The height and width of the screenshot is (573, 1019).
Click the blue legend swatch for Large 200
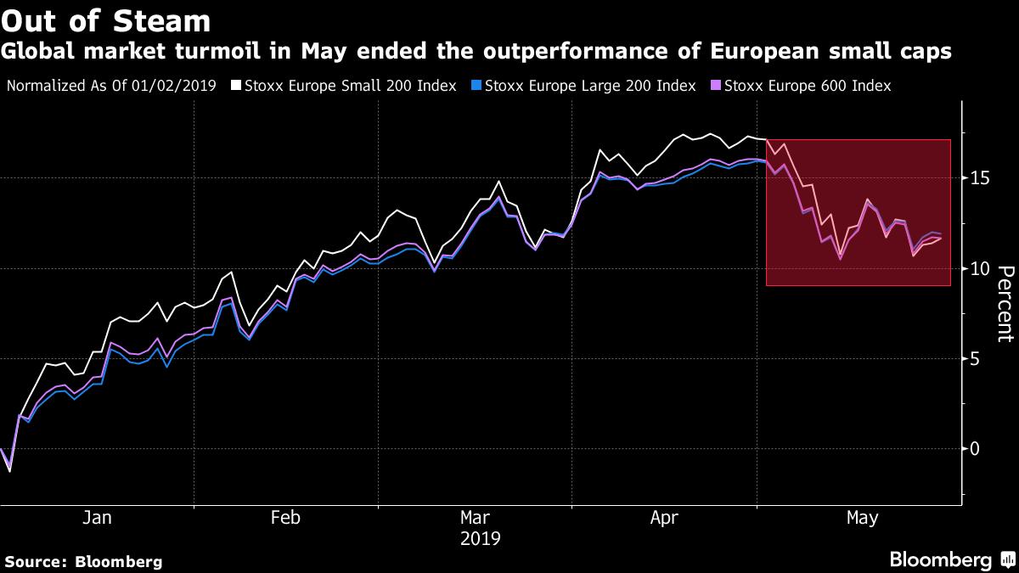tap(477, 86)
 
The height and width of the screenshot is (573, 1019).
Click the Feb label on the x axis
tap(285, 518)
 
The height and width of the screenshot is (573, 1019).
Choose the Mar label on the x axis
tap(476, 518)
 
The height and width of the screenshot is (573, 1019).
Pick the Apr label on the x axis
tap(666, 518)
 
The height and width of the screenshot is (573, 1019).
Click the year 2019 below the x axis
tap(480, 538)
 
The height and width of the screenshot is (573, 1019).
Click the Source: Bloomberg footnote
tap(83, 561)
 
